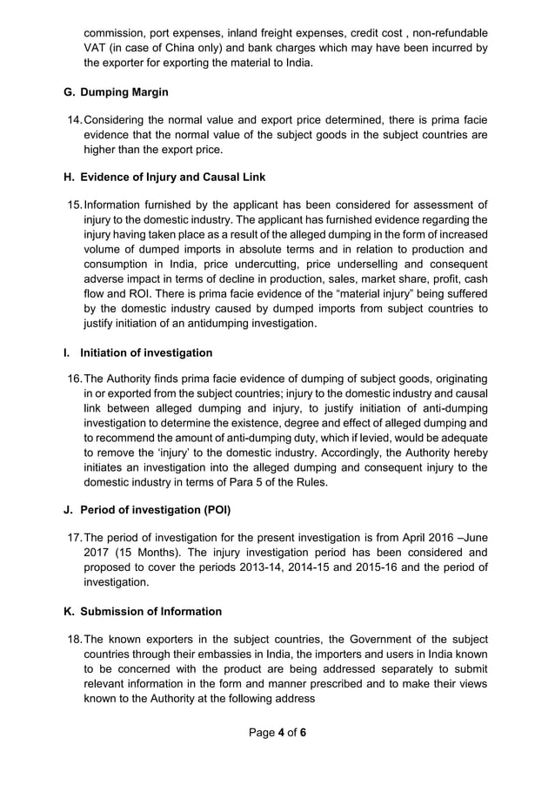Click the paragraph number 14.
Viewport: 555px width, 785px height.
73,118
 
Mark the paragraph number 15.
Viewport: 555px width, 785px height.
73,205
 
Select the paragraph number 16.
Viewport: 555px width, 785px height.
73,379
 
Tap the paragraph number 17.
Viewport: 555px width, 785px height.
73,536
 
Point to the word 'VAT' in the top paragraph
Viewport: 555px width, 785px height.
95,48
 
